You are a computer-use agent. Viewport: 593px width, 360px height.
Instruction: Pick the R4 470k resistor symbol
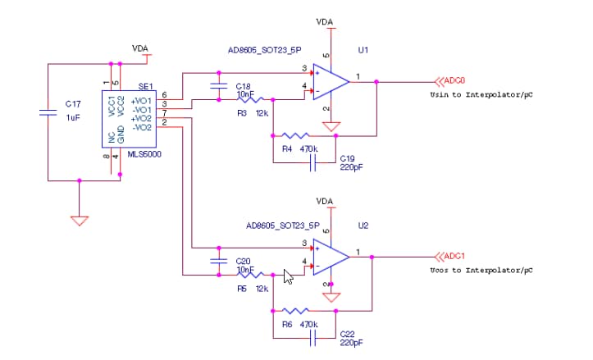click(295, 135)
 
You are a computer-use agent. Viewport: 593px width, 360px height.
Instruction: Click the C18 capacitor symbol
click(219, 86)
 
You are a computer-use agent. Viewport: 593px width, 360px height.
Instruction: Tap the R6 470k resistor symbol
click(295, 311)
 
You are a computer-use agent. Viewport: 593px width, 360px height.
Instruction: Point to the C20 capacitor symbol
click(219, 261)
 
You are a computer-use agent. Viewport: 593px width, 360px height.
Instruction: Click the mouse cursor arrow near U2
click(288, 276)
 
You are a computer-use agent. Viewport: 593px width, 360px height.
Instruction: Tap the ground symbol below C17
click(79, 220)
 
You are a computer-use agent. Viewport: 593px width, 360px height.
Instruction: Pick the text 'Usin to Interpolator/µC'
click(481, 95)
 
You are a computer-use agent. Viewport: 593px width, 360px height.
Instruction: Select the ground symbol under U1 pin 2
click(331, 127)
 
